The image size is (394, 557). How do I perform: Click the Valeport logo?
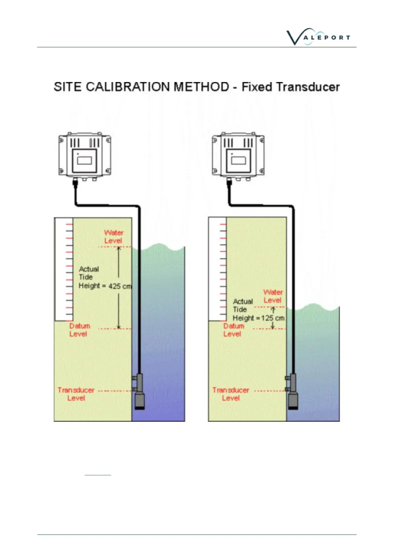318,37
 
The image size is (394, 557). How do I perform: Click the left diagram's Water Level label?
113,237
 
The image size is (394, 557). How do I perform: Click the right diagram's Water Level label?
273,296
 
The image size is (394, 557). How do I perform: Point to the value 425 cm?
119,286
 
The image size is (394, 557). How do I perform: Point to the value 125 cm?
273,318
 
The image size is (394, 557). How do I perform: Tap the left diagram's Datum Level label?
79,330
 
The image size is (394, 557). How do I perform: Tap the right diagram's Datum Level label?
233,330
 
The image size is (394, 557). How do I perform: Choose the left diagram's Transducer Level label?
76,394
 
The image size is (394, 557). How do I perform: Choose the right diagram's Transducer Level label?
231,394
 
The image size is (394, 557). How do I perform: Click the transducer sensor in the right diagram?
293,394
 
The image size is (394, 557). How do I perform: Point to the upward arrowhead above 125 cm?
273,309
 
